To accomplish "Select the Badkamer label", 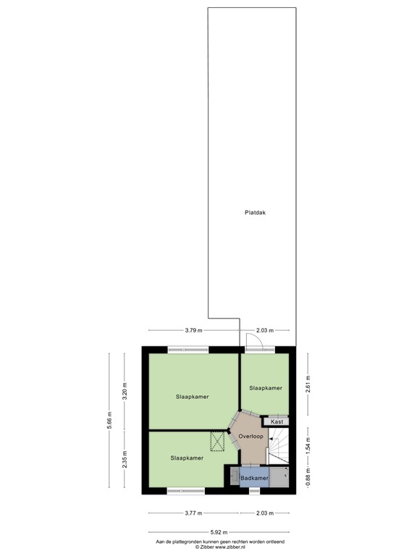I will [255, 479].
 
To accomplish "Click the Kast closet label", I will [276, 421].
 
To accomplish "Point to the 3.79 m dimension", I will [193, 330].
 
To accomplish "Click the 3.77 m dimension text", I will [193, 513].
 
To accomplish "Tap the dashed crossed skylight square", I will [218, 440].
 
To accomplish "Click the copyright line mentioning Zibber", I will [220, 547].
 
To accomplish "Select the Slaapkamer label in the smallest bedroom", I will [265, 388].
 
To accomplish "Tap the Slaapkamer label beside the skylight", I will [187, 458].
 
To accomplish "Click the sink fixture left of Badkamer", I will [233, 477].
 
